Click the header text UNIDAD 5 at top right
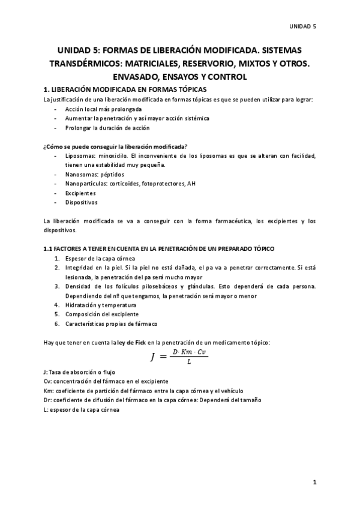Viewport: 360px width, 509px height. [303, 26]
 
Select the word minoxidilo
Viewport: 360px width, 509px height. [117, 156]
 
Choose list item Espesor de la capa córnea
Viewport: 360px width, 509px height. [103, 258]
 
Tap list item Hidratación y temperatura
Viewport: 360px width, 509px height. [103, 304]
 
